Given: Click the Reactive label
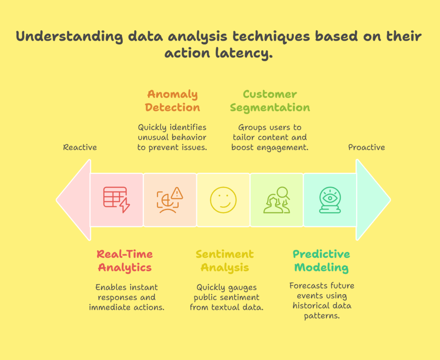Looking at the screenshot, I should tap(80, 147).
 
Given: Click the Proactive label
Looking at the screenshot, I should tap(366, 147).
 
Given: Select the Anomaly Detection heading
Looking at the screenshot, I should tap(172, 101).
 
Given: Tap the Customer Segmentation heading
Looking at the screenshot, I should tap(270, 101).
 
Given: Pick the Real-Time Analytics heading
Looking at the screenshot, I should tap(125, 261).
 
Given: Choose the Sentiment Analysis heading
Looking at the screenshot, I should tap(225, 261).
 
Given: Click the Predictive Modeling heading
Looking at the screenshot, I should tap(321, 261).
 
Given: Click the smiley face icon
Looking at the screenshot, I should tap(223, 200).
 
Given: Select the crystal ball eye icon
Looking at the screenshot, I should tap(330, 200).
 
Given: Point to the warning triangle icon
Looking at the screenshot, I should tap(177, 194).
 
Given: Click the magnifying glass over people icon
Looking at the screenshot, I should tap(277, 200).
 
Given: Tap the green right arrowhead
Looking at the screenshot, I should tap(373, 200).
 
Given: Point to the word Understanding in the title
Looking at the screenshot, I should tap(69, 37).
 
